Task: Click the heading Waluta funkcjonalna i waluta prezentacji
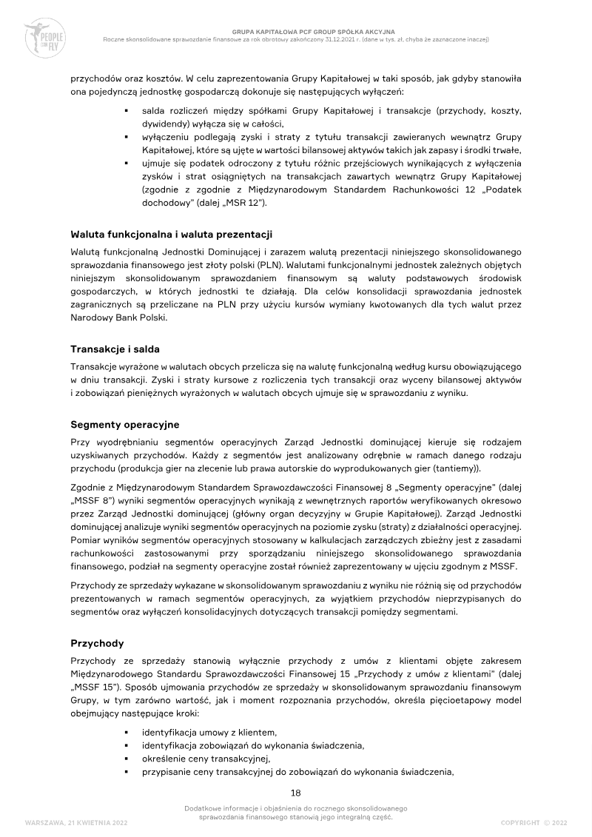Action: pos(172,235)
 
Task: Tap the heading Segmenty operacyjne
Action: pos(124,425)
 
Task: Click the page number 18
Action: pos(295,793)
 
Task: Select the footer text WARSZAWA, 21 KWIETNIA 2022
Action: pos(71,822)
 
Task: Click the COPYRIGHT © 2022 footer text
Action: pos(534,822)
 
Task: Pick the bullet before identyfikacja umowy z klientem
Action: pos(127,731)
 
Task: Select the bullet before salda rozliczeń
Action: pos(127,110)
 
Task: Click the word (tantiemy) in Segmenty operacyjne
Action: pos(453,468)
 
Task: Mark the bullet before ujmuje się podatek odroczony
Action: pos(127,162)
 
